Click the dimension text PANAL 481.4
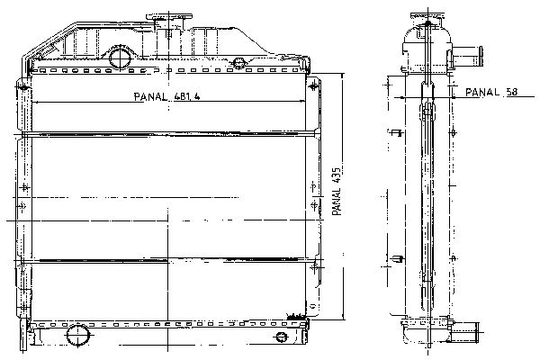(x=166, y=96)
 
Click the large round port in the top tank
(x=120, y=58)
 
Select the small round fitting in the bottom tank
(x=281, y=337)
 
